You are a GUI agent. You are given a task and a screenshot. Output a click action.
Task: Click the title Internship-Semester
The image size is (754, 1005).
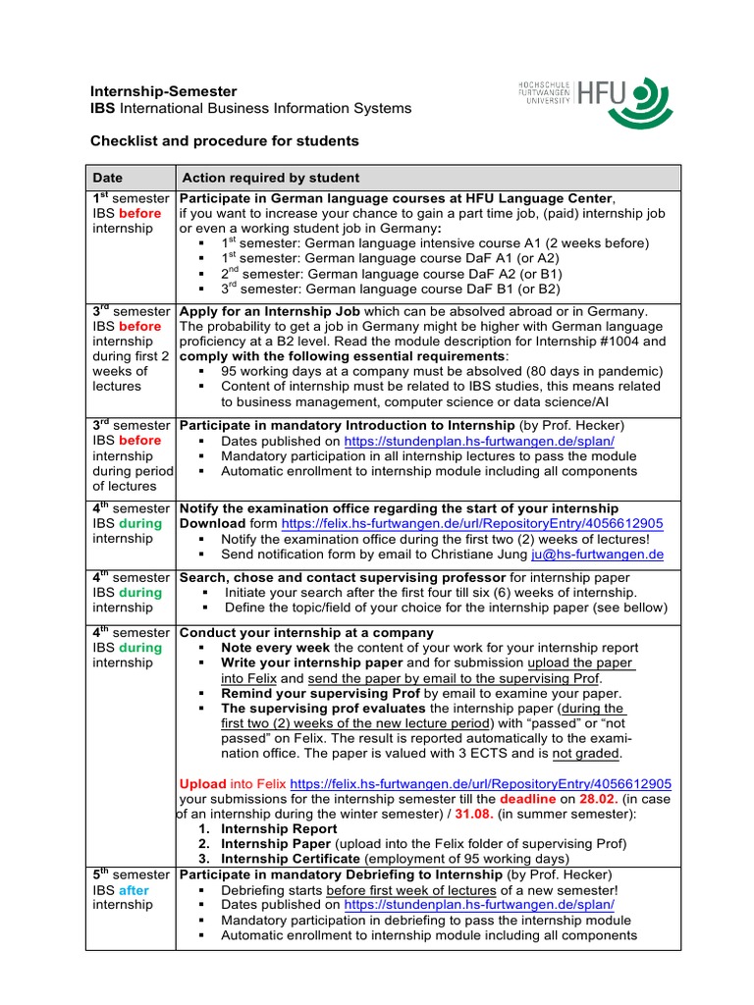[x=150, y=91]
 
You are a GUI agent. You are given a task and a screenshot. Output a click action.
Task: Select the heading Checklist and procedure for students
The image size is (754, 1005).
[x=225, y=141]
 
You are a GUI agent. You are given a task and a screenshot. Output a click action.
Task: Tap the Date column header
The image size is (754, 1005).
[x=107, y=178]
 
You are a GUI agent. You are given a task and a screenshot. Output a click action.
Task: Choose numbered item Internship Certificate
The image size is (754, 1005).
[x=291, y=859]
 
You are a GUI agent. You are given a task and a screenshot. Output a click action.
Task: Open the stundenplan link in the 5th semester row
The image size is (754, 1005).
[x=479, y=904]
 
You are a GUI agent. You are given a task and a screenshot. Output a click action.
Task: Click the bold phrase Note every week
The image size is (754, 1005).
[x=277, y=648]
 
